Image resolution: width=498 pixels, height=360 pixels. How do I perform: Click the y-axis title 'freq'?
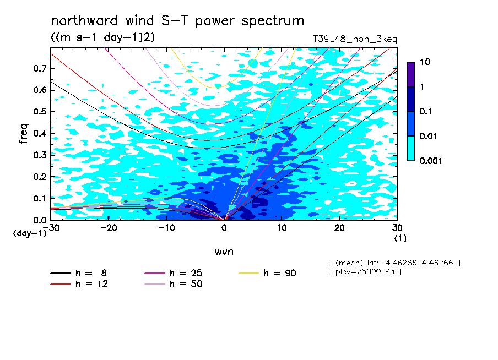(x=24, y=134)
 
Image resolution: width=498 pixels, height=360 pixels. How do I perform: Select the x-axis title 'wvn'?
(x=224, y=252)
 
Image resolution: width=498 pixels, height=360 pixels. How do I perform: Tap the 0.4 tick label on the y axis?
(x=40, y=133)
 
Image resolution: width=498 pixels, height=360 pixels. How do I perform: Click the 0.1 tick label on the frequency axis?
(x=40, y=198)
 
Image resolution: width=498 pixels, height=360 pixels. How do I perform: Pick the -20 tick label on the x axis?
(x=109, y=228)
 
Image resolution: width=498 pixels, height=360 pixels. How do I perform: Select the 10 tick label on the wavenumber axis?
(x=282, y=228)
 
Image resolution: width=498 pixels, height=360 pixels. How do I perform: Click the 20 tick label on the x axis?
(x=339, y=228)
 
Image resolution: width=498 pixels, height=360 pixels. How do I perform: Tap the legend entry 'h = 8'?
(x=78, y=273)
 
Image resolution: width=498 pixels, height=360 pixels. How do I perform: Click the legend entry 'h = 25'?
(x=173, y=273)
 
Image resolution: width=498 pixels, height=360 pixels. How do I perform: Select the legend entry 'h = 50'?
(x=173, y=283)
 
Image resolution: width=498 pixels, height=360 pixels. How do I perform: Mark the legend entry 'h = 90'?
(x=267, y=273)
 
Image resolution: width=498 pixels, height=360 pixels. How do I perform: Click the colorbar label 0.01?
(x=428, y=136)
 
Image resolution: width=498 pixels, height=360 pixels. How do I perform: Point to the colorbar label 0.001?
(x=431, y=161)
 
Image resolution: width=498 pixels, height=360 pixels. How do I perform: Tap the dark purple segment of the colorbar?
(x=411, y=74)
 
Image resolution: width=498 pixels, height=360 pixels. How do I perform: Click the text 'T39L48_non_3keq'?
(x=355, y=39)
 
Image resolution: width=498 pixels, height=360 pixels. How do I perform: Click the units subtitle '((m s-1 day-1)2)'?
(x=103, y=37)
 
